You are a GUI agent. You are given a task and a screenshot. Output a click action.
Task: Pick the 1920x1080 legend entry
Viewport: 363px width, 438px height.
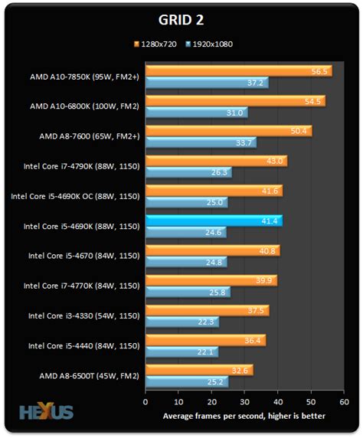click(211, 44)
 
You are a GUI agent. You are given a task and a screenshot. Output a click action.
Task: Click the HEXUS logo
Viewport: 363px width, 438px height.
click(47, 412)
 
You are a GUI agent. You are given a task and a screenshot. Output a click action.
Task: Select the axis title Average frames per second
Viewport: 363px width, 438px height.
click(244, 417)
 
